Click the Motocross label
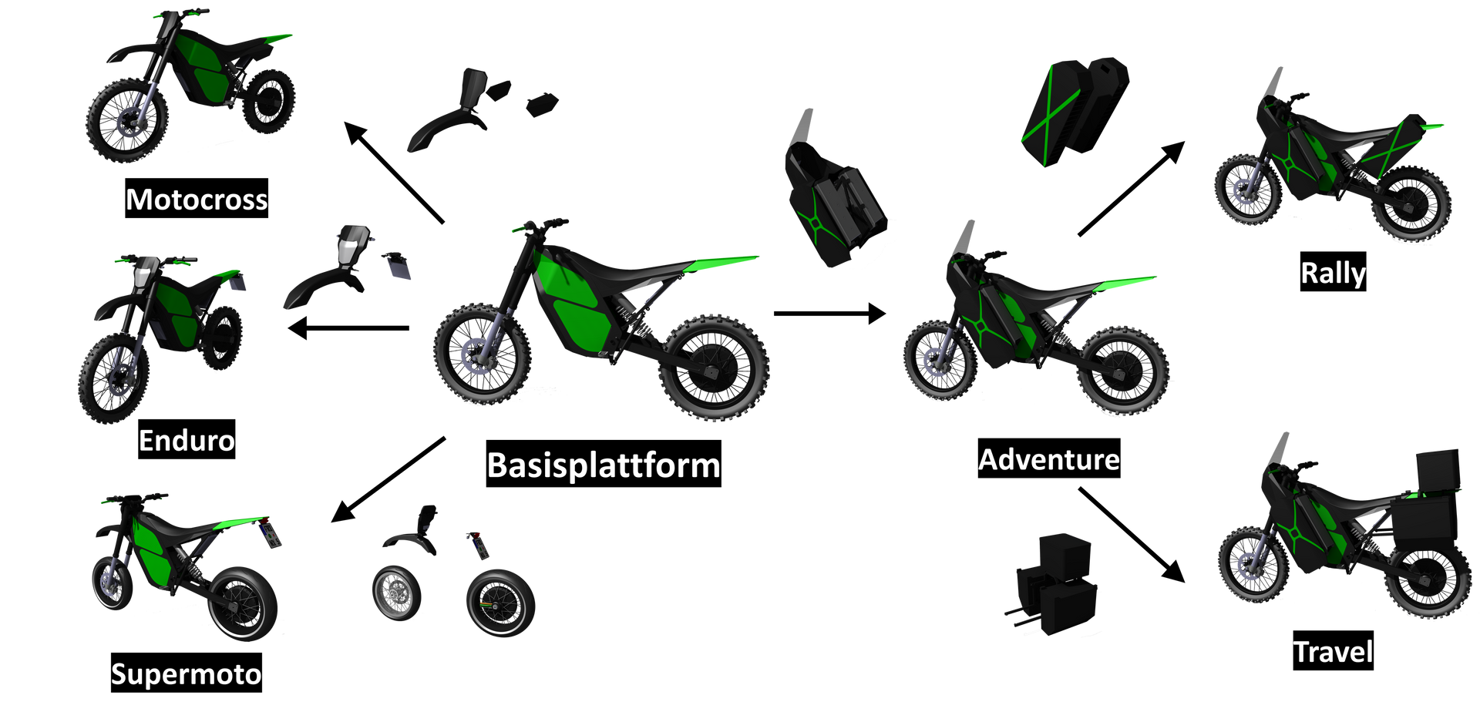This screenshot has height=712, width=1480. (x=197, y=199)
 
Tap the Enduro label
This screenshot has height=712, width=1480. (x=187, y=440)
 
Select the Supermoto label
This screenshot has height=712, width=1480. (x=187, y=673)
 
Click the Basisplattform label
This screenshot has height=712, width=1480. (x=604, y=464)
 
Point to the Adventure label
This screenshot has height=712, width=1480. (x=1049, y=458)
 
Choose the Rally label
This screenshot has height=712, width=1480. (x=1334, y=272)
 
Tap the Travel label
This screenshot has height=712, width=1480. (x=1333, y=650)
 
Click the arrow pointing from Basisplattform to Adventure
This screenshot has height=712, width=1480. (x=830, y=314)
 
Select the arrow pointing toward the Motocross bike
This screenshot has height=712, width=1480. (x=394, y=173)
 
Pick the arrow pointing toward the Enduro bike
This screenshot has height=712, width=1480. (x=348, y=328)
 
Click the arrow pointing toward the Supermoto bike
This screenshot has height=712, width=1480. (x=388, y=480)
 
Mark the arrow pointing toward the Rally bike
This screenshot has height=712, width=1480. (x=1132, y=188)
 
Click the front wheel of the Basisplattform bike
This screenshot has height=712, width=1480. (x=483, y=354)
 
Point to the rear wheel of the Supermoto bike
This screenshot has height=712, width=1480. (x=242, y=604)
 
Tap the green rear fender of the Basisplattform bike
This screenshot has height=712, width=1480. (x=721, y=264)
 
